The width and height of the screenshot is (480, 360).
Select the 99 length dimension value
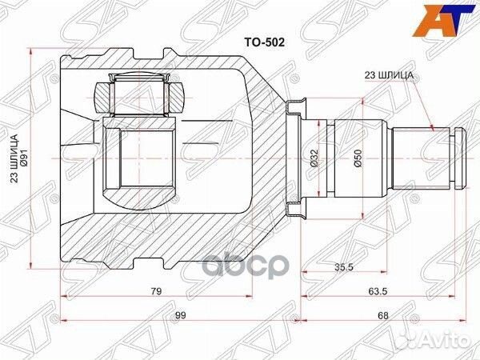[180, 316]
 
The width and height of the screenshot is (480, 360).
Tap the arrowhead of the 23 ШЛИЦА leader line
[432, 127]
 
